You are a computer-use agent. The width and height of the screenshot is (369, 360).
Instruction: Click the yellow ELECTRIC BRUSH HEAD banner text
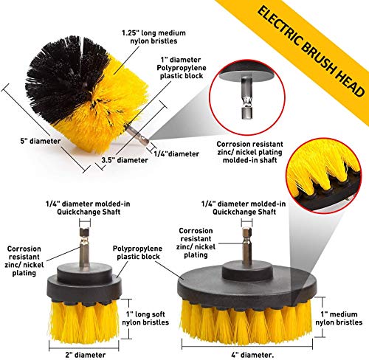311,51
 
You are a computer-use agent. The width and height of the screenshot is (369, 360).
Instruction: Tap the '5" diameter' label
41,141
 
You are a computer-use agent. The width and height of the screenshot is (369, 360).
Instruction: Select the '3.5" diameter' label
125,160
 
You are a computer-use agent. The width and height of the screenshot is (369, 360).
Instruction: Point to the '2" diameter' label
86,355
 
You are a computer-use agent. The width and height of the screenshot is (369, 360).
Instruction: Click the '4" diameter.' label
252,355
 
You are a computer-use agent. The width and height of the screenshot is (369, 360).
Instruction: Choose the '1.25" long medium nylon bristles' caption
154,37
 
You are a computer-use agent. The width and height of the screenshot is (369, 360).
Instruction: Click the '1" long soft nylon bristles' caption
145,318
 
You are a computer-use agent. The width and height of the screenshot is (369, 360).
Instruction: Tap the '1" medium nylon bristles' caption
339,318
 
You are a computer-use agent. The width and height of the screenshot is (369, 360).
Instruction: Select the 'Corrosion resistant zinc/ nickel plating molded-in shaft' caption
249,152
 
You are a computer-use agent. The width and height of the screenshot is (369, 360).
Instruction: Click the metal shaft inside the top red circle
246,97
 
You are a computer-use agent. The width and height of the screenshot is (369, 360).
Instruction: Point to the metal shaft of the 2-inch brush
84,249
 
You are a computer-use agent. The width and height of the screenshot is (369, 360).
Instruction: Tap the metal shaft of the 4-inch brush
246,246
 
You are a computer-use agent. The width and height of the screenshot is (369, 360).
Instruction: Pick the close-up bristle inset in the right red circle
323,175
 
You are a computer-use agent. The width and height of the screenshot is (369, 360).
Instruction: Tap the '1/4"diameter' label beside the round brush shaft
176,154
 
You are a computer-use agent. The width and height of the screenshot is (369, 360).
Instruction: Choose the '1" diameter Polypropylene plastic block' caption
182,68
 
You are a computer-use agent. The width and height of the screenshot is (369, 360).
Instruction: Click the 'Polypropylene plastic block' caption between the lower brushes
137,252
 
